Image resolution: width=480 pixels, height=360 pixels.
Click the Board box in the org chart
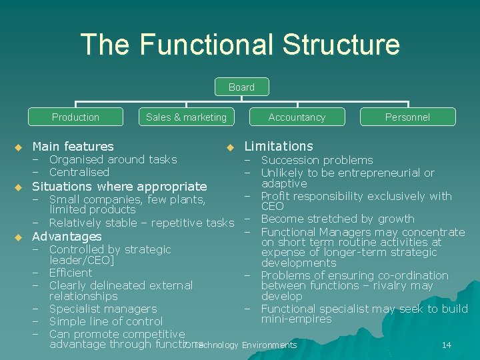tap(241, 87)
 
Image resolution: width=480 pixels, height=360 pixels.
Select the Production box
tap(75, 117)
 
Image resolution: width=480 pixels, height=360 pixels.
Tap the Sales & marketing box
tap(186, 117)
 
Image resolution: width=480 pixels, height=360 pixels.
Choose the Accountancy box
tap(297, 117)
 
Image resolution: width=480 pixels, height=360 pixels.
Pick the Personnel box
tap(407, 117)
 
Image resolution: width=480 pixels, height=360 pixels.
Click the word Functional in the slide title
tap(207, 45)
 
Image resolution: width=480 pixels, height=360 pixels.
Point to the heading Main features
tap(73, 146)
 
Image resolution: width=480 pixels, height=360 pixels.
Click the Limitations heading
tap(279, 146)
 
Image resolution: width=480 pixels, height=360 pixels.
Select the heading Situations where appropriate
tap(119, 186)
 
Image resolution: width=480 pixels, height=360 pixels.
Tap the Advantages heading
tap(67, 237)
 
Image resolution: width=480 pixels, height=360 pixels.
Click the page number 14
tap(447, 345)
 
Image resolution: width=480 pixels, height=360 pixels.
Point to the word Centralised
tap(79, 172)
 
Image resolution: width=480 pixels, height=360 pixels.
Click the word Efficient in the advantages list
tap(71, 273)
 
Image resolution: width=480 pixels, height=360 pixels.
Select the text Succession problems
tap(317, 160)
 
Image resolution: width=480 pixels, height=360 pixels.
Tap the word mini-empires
tap(296, 319)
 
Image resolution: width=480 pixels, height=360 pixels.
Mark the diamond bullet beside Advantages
tap(18, 237)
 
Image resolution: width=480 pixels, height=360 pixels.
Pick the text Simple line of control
tap(106, 321)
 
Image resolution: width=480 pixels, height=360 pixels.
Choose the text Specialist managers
tap(103, 309)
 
